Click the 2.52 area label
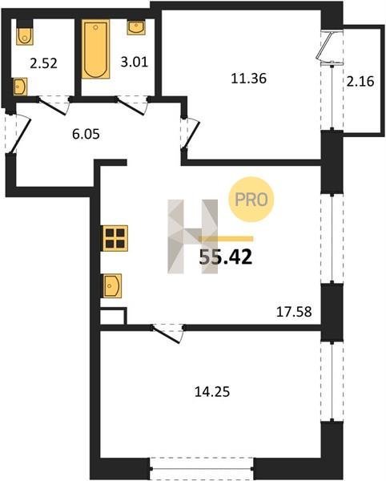[x=44, y=63]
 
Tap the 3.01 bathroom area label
[x=135, y=62]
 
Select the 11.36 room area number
[x=249, y=79]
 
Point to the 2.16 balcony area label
[x=360, y=82]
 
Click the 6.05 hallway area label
[x=86, y=134]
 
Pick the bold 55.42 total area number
[x=226, y=257]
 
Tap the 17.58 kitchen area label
[x=294, y=312]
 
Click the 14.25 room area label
[x=212, y=392]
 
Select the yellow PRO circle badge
[x=251, y=200]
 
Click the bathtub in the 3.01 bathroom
[x=95, y=49]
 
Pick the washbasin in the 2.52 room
[x=20, y=87]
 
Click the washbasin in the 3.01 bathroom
[x=136, y=27]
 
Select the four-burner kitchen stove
[x=115, y=238]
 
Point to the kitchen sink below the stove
[x=112, y=285]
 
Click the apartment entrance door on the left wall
[x=18, y=133]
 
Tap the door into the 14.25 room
[x=167, y=333]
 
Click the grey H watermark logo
[x=192, y=236]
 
